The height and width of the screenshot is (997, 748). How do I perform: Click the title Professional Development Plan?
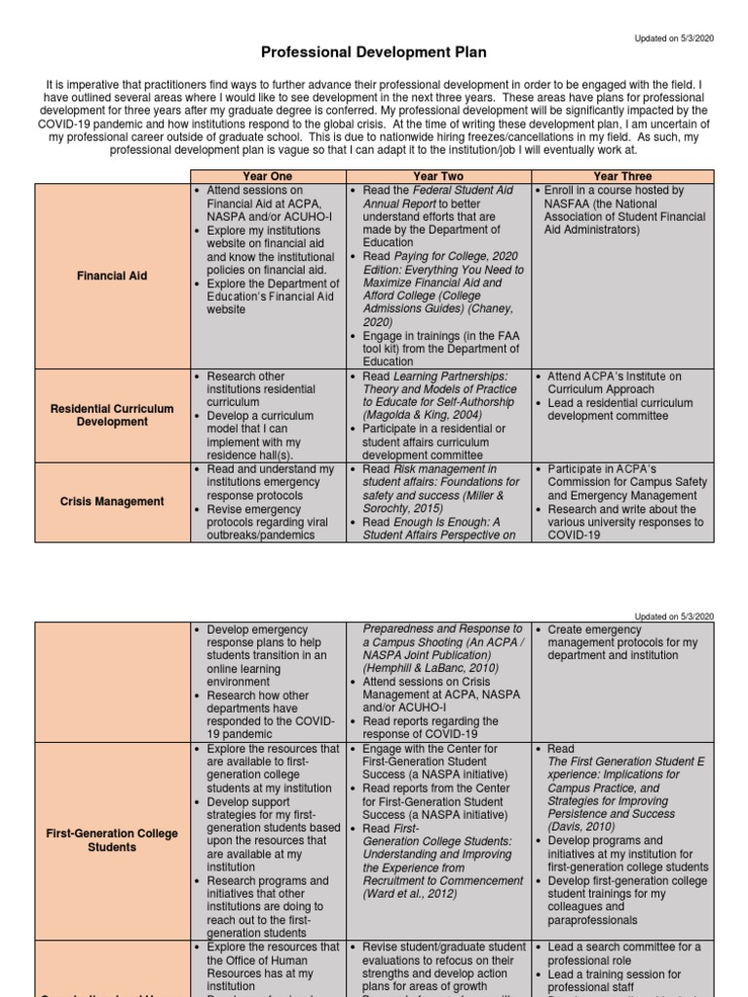point(373,52)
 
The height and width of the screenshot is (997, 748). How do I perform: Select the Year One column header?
point(267,176)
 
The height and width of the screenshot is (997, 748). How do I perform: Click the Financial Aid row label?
point(112,276)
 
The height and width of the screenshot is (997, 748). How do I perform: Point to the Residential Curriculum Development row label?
point(112,415)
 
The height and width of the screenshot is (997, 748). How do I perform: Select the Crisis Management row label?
point(112,501)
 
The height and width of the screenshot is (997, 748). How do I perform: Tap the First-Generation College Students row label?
point(112,839)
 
